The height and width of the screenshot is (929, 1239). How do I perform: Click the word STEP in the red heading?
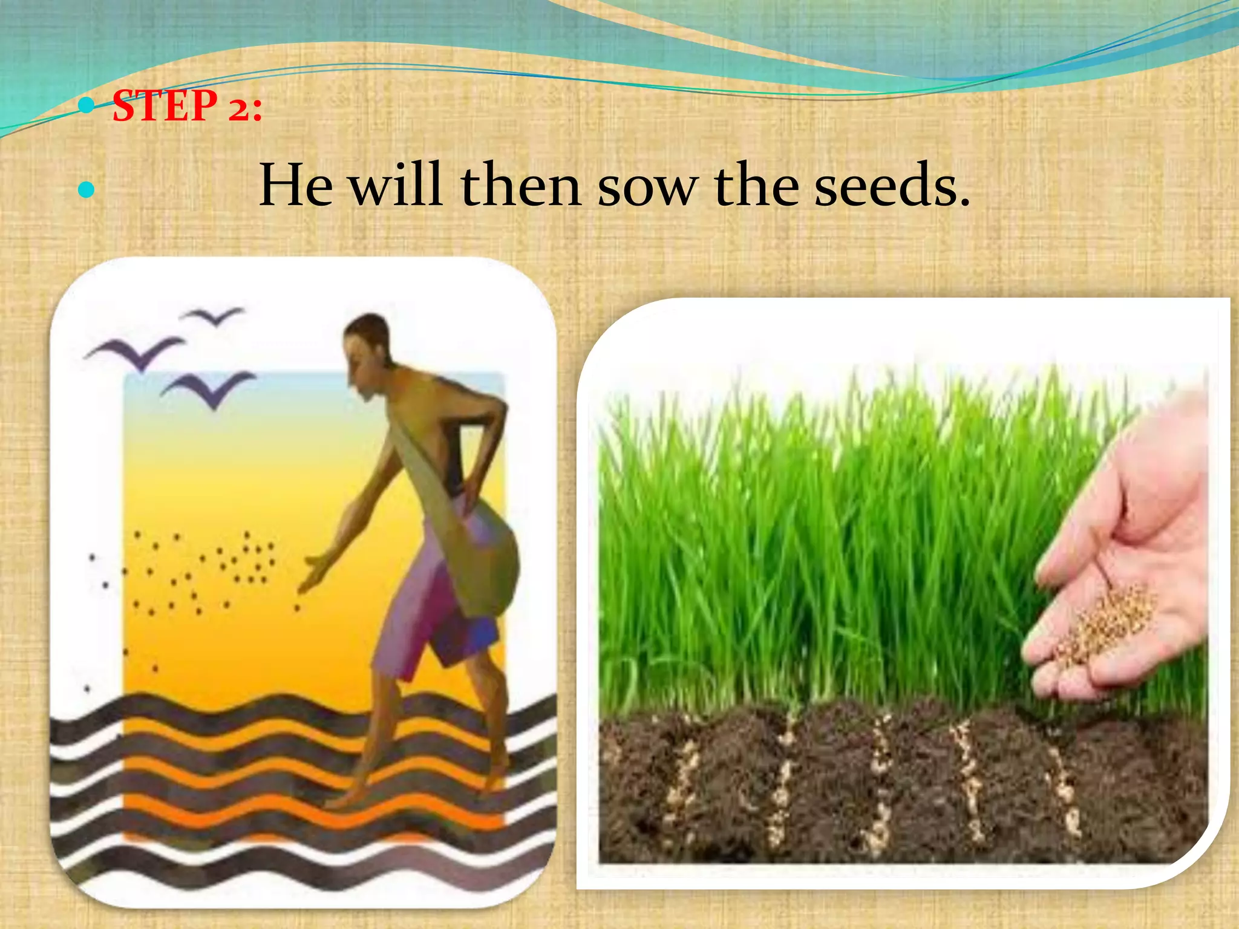165,106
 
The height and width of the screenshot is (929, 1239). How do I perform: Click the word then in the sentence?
521,185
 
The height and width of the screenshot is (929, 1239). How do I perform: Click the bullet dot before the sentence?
87,191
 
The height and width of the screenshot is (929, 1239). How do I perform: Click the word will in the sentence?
396,185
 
